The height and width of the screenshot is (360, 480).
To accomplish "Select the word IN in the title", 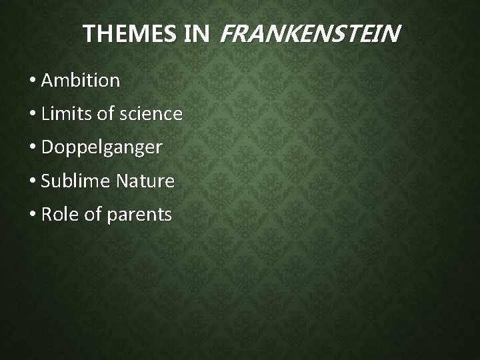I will coord(197,34).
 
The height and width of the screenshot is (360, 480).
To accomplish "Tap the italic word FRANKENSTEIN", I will coord(309,34).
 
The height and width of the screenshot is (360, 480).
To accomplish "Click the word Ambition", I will coord(81,81).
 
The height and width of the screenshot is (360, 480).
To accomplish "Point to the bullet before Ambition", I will coord(33,81).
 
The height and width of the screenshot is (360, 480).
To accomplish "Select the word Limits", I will coord(67,114).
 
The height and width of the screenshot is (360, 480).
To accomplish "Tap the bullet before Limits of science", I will coord(33,115).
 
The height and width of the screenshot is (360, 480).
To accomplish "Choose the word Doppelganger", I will coord(101,148).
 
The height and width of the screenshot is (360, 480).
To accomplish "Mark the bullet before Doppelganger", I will coord(33,148).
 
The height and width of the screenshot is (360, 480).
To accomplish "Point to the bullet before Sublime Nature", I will coord(33,181).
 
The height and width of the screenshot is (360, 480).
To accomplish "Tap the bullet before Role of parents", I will coord(33,215).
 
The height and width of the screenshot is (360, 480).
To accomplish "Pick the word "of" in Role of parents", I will coord(92,214).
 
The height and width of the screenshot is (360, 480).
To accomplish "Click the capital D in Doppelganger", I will coord(47,147).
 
